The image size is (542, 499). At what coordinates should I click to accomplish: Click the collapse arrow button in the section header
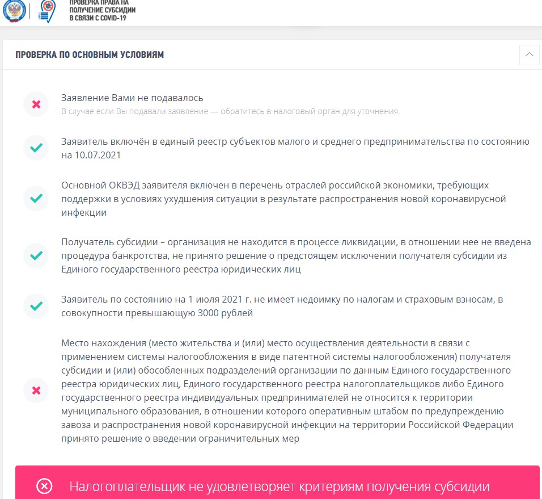coord(529,54)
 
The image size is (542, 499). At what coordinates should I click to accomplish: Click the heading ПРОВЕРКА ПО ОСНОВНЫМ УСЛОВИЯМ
coord(90,55)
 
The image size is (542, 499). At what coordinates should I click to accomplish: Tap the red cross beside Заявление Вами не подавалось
coord(36,104)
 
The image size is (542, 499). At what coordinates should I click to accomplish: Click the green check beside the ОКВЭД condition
coord(36,199)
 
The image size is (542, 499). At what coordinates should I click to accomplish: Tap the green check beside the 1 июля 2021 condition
coord(36,307)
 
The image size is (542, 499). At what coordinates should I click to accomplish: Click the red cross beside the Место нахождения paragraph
coord(36,391)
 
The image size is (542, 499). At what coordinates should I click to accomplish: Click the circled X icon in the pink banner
coord(44,487)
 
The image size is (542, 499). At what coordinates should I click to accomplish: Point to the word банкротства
coord(133,255)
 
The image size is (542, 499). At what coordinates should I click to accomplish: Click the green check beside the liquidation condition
coord(36,255)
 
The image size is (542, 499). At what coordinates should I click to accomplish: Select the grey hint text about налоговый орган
coord(231,111)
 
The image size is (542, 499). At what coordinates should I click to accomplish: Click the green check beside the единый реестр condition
coord(36,148)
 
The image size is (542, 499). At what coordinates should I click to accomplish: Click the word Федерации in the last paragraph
coord(488,425)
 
